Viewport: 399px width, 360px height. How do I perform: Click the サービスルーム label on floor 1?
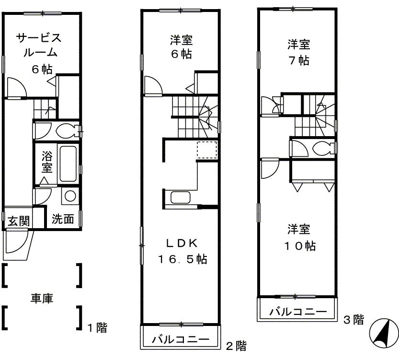[38, 53]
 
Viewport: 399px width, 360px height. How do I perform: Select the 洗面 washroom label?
[63, 220]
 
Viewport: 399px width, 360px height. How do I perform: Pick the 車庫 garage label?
[42, 298]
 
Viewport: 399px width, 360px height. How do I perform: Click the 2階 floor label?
[236, 345]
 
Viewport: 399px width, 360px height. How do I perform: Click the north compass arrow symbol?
[384, 333]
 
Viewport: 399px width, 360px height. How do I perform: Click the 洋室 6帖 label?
[182, 46]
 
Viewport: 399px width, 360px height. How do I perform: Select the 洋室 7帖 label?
[298, 53]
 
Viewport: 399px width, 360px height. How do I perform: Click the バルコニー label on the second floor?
[181, 340]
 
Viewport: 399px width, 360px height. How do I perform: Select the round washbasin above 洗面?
[70, 196]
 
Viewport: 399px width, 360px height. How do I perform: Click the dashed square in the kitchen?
[207, 150]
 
